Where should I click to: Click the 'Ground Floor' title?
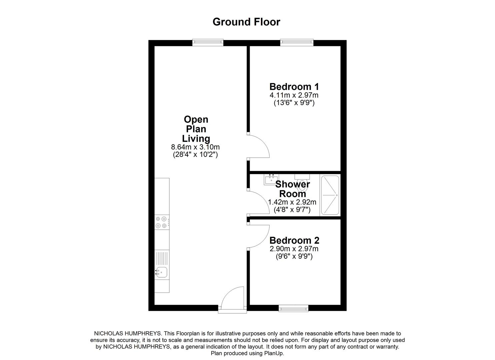tap(246, 22)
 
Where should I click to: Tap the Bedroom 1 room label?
tap(294, 87)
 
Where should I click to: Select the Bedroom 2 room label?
tap(294, 240)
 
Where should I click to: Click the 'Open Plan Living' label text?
tap(196, 129)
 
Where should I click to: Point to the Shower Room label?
tap(293, 189)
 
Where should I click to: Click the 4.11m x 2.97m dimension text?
tap(294, 95)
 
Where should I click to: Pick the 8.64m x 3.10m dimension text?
tap(195, 147)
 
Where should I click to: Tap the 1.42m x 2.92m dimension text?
tap(292, 202)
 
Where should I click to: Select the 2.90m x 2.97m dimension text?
tap(294, 249)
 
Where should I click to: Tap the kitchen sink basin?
tap(162, 273)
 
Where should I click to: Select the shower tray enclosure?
tap(330, 195)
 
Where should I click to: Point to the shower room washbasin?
tap(271, 179)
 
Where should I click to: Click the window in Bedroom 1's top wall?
tap(297, 42)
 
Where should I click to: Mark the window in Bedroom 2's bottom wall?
tap(293, 309)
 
